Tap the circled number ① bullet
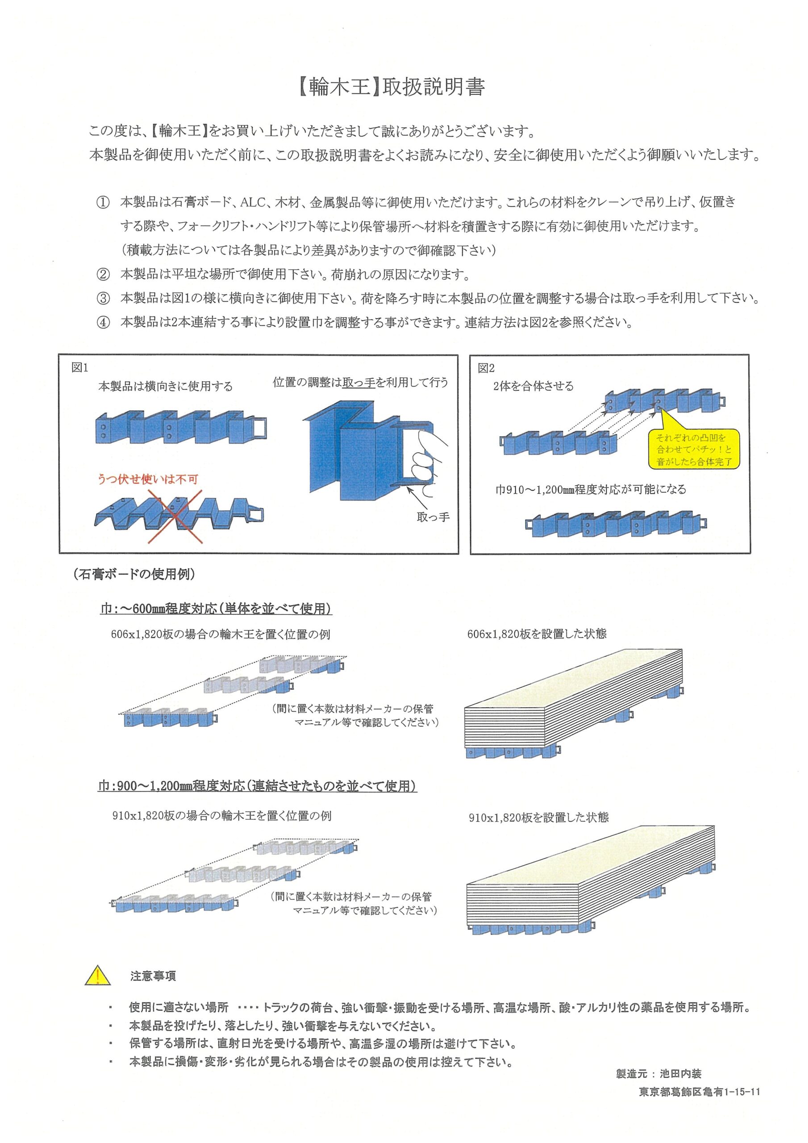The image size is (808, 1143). pyautogui.click(x=103, y=203)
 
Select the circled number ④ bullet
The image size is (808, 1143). pyautogui.click(x=103, y=323)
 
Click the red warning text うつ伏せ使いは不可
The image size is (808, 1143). pyautogui.click(x=147, y=480)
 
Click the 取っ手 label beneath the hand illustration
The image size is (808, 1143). pyautogui.click(x=433, y=517)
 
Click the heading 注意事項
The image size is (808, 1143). pyautogui.click(x=153, y=976)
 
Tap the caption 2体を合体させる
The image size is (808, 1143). pyautogui.click(x=533, y=386)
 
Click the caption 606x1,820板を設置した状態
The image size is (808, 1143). pyautogui.click(x=537, y=634)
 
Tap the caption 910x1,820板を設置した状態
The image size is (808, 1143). pyautogui.click(x=538, y=818)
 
